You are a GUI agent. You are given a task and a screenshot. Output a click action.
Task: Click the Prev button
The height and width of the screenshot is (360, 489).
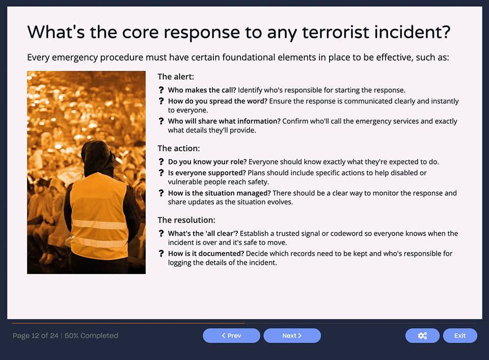pyautogui.click(x=231, y=336)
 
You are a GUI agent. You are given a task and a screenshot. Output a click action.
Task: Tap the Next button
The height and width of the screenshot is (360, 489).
pyautogui.click(x=292, y=336)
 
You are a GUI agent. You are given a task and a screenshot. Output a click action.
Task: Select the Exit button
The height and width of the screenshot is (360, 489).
pyautogui.click(x=460, y=336)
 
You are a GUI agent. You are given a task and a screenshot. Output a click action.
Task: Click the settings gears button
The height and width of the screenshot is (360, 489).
pyautogui.click(x=422, y=336)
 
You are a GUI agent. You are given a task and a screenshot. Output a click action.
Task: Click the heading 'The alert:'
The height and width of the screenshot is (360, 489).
pyautogui.click(x=176, y=77)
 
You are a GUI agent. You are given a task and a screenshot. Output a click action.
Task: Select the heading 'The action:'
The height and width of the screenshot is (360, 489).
pyautogui.click(x=179, y=149)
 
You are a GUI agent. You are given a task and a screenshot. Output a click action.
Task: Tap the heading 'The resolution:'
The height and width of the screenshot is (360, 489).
pyautogui.click(x=186, y=220)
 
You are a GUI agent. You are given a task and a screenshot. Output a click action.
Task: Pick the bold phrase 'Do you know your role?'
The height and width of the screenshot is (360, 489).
pyautogui.click(x=207, y=162)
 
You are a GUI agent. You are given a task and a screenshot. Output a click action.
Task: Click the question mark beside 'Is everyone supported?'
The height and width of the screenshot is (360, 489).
pyautogui.click(x=161, y=173)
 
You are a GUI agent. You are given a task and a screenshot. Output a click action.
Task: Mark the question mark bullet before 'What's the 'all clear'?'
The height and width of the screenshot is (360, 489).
pyautogui.click(x=161, y=234)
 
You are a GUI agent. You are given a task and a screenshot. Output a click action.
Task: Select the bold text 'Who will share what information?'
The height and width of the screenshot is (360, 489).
pyautogui.click(x=224, y=121)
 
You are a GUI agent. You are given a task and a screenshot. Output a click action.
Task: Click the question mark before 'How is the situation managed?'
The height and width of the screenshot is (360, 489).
pyautogui.click(x=161, y=193)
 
